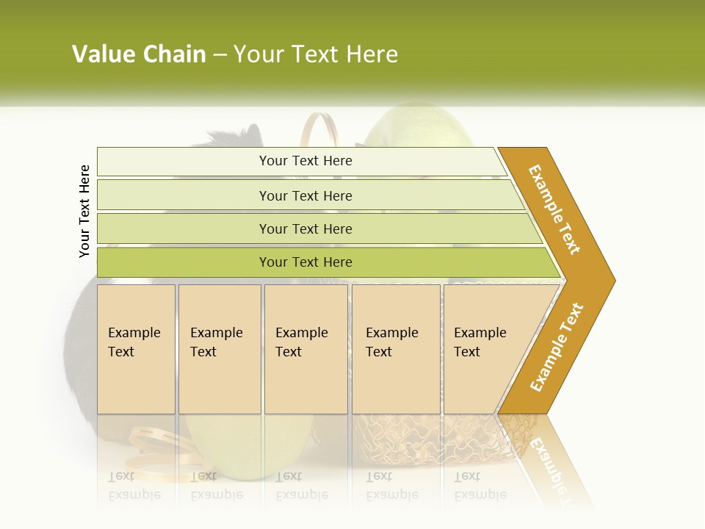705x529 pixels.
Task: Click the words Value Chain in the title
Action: tap(139, 54)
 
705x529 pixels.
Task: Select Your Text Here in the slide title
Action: tap(316, 54)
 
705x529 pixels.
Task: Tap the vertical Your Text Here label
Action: tap(84, 211)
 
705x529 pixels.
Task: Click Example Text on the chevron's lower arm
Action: tap(557, 347)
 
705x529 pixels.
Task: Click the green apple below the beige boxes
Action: tap(220, 441)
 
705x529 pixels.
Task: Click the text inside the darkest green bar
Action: tap(305, 262)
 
